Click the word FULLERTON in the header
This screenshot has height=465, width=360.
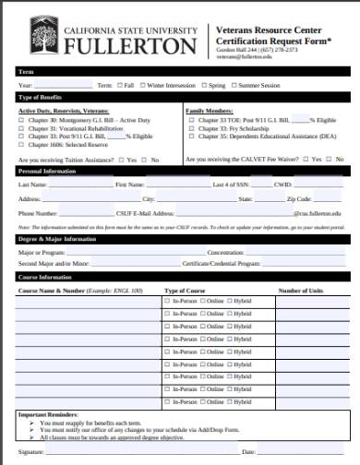coord(130,45)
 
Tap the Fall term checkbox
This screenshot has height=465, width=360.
coord(119,84)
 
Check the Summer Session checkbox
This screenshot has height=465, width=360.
coord(234,84)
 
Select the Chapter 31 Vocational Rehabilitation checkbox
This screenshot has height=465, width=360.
coord(21,127)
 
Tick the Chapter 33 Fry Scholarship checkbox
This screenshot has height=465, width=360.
coord(190,127)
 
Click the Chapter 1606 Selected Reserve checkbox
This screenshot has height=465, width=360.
coord(21,143)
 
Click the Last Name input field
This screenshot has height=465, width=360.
coord(79,185)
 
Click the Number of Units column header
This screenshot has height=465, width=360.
coord(301,290)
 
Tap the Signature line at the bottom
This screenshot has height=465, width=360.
coord(138,450)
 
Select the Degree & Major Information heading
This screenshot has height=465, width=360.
coord(56,238)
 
